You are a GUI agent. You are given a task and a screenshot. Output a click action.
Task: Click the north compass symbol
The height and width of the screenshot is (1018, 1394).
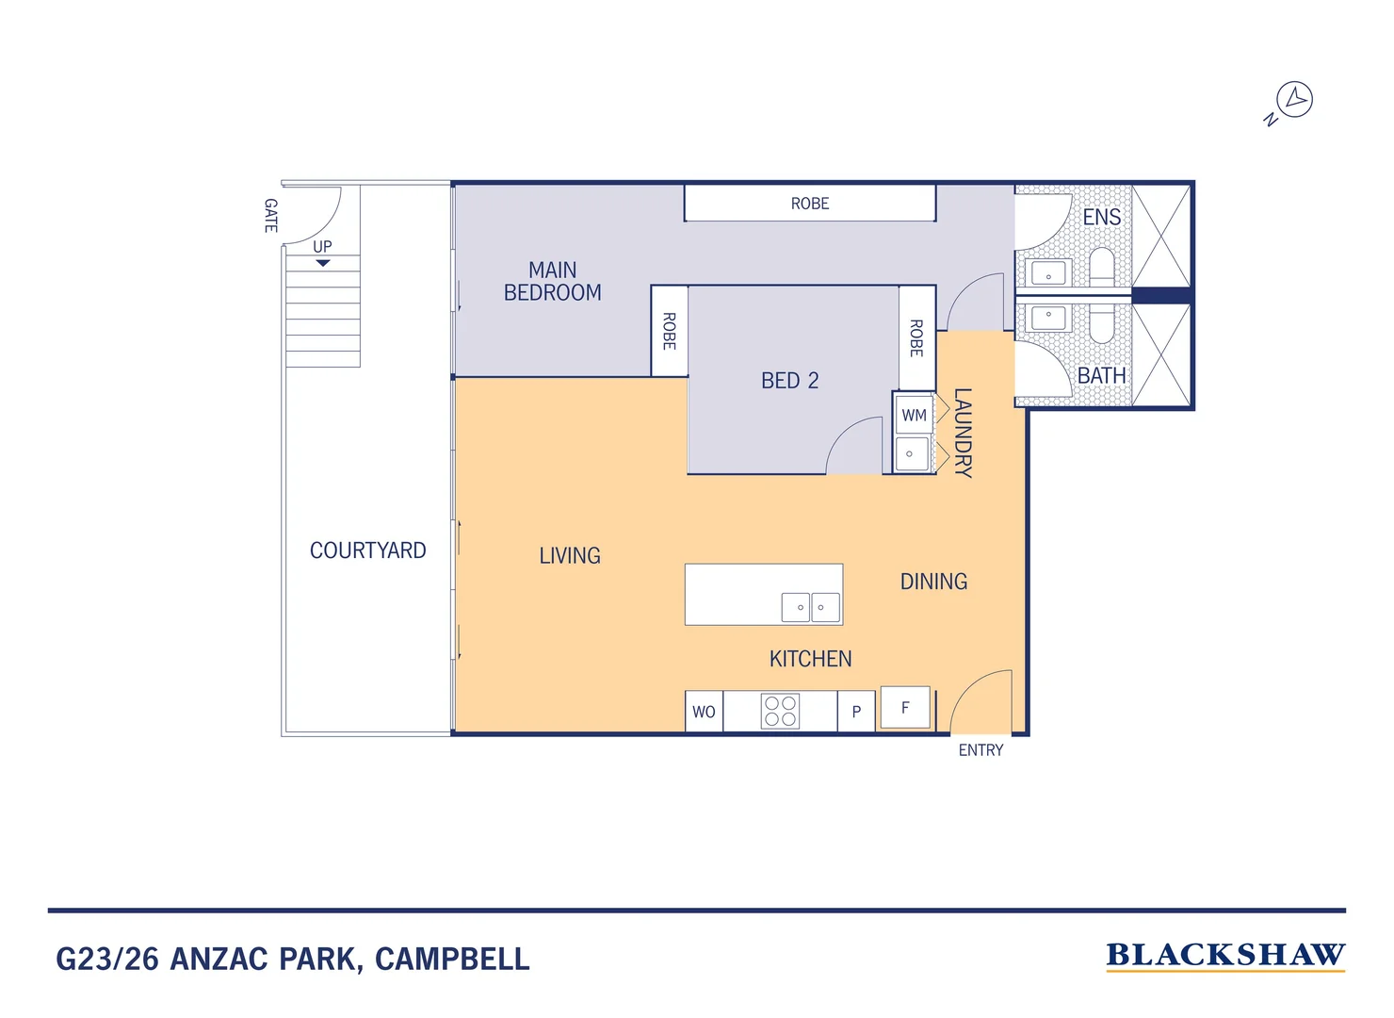click(x=1293, y=100)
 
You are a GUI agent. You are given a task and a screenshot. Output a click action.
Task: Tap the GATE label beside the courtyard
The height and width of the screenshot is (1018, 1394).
click(x=270, y=216)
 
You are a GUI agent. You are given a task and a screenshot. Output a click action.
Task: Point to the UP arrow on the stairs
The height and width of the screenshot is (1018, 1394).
click(x=323, y=263)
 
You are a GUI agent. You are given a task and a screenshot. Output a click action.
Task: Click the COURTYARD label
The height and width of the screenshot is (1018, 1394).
click(x=367, y=550)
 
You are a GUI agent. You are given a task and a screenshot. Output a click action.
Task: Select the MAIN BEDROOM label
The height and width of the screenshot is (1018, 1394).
click(x=552, y=282)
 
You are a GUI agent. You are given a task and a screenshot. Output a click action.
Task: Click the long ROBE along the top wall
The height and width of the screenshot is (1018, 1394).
click(x=809, y=204)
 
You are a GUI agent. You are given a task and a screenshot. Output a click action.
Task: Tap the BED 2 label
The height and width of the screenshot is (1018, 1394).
click(x=789, y=381)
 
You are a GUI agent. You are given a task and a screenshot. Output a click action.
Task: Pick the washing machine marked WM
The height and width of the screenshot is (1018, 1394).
click(x=914, y=415)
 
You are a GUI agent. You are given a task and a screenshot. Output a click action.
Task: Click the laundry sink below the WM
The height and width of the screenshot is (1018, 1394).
click(x=911, y=453)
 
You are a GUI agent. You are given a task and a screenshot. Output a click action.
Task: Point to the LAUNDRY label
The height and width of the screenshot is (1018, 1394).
click(x=963, y=433)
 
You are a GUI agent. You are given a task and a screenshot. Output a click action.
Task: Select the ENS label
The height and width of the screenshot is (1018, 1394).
click(x=1101, y=218)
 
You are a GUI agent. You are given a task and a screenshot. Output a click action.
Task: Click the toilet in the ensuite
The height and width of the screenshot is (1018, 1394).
click(x=1102, y=266)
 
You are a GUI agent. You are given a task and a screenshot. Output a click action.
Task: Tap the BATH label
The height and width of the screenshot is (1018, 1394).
click(x=1101, y=376)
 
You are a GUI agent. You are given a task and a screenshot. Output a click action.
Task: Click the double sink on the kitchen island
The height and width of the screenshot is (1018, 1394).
click(x=810, y=607)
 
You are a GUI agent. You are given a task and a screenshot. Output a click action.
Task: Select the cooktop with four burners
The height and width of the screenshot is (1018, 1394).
click(x=780, y=711)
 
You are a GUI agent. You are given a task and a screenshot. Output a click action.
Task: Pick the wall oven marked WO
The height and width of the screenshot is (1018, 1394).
click(x=704, y=713)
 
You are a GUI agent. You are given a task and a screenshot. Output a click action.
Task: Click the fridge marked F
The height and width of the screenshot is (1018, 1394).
click(x=905, y=707)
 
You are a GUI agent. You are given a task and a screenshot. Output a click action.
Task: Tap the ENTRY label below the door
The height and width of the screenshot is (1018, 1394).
click(x=981, y=750)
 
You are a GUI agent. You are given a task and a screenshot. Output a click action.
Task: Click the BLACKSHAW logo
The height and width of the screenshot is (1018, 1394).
click(x=1224, y=956)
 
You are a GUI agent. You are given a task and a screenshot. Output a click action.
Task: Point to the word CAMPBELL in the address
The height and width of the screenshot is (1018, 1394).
click(x=452, y=960)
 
